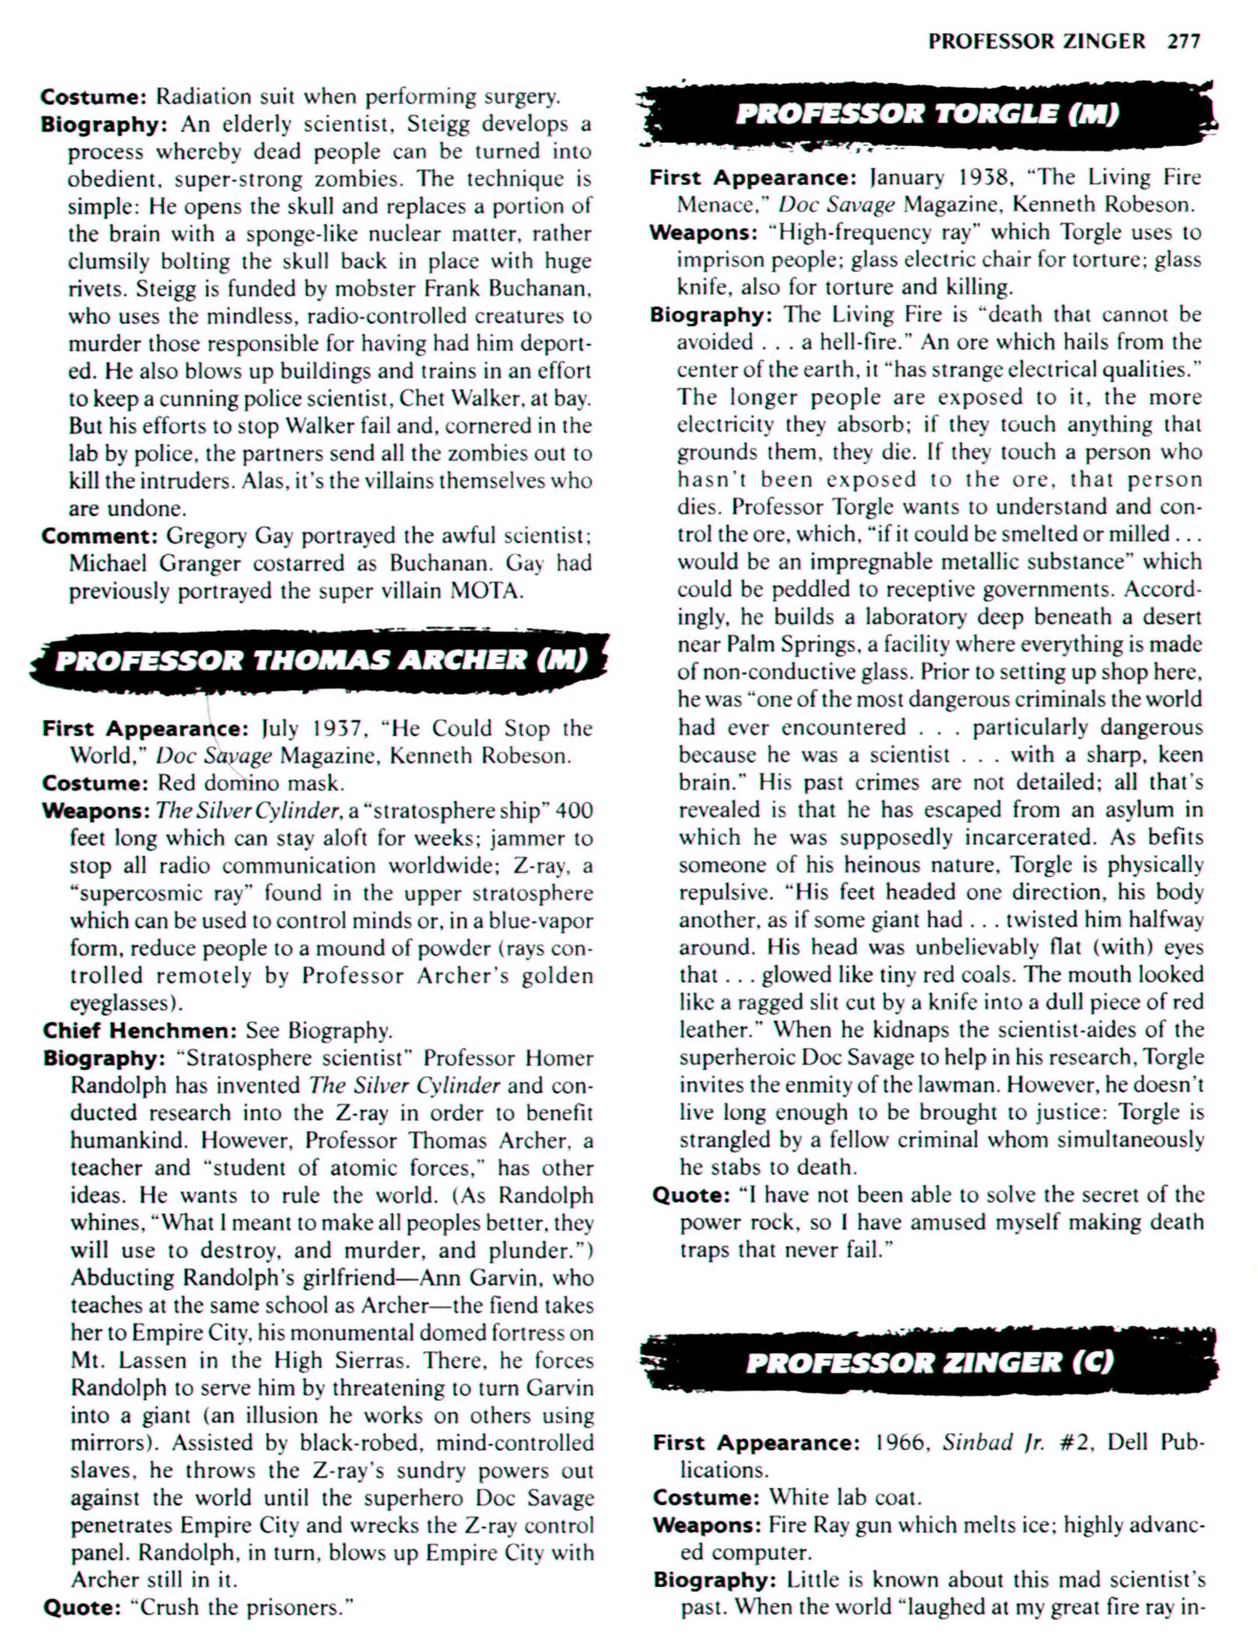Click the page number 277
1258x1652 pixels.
[x=1183, y=41]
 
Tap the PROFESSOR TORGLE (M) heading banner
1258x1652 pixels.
[x=927, y=115]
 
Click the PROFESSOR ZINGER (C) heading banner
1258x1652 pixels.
[x=929, y=1361]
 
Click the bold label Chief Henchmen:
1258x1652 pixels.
[x=140, y=1031]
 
